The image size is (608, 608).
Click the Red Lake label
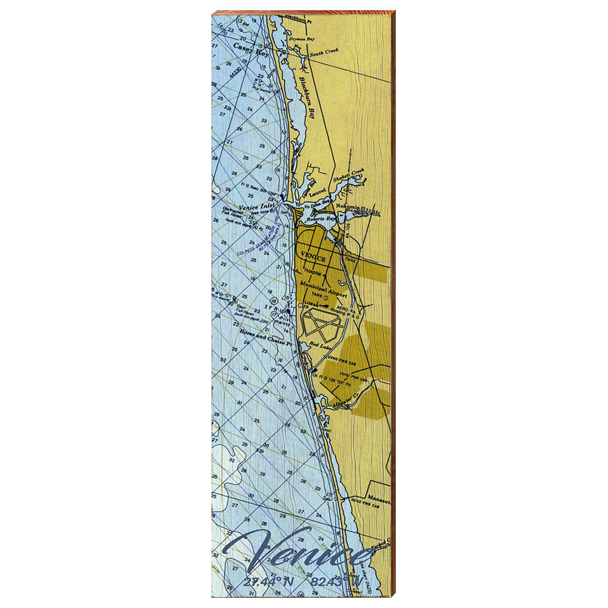318,346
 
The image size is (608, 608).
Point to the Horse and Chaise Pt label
265,342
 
